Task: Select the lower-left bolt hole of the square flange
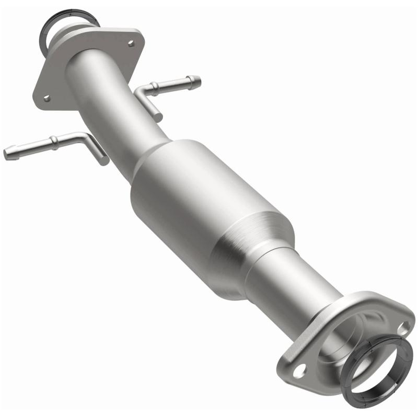point(47,98)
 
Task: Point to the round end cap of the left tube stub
point(6,154)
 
